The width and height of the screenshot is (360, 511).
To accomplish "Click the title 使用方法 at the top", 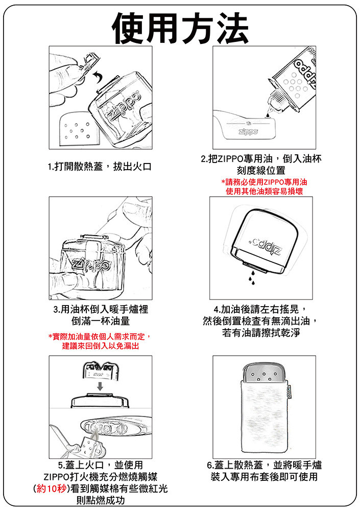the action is (x=180, y=28).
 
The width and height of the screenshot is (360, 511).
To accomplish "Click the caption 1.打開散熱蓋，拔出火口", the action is (x=100, y=167).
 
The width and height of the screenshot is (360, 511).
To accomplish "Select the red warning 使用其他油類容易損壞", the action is (x=264, y=191).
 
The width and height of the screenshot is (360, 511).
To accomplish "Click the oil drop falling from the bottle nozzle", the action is (x=267, y=114).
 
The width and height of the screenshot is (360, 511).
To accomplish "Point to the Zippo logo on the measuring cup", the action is (x=248, y=132).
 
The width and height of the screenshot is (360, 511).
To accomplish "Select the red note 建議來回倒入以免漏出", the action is (x=101, y=346).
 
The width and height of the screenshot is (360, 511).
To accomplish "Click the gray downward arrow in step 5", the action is (x=101, y=386).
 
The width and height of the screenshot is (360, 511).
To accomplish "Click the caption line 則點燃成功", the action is (x=101, y=500).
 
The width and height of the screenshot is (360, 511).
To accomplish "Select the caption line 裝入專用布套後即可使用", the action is (x=264, y=477).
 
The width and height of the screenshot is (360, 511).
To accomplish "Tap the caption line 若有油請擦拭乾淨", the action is (x=261, y=333).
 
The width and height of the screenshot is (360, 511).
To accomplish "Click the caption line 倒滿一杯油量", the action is (x=101, y=321).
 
